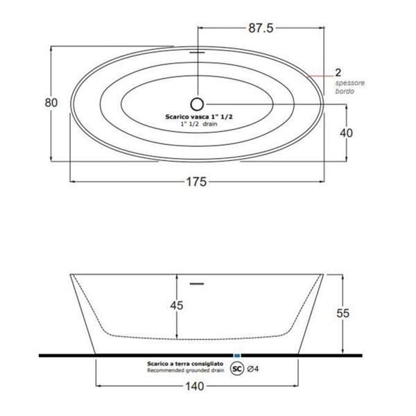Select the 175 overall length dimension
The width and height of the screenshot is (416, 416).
tap(198, 182)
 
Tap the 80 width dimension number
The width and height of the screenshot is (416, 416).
tap(51, 103)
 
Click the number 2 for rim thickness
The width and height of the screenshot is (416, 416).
tap(338, 72)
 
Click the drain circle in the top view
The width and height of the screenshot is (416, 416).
tap(198, 105)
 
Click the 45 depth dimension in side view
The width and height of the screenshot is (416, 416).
tap(177, 304)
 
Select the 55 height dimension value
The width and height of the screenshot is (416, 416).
tap(362, 313)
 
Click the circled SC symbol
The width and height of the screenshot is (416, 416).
tap(237, 368)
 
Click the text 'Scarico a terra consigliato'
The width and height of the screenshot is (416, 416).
tap(184, 364)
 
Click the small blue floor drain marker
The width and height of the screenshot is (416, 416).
tap(238, 354)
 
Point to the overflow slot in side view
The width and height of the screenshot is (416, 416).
tap(198, 283)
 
